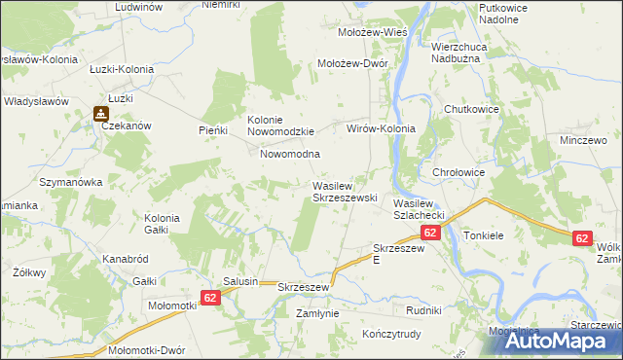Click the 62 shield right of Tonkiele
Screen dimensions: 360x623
[x=582, y=237]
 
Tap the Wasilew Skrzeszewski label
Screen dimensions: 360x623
[x=344, y=191]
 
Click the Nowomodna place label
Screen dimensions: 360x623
[x=290, y=155]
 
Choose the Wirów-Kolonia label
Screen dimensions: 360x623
[x=382, y=128]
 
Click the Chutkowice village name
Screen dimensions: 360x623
[x=471, y=110]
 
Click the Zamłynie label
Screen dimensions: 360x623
[x=316, y=314]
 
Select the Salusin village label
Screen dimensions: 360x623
[x=240, y=281]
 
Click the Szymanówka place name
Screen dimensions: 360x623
[x=70, y=182]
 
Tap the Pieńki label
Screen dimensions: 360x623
[x=212, y=129]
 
